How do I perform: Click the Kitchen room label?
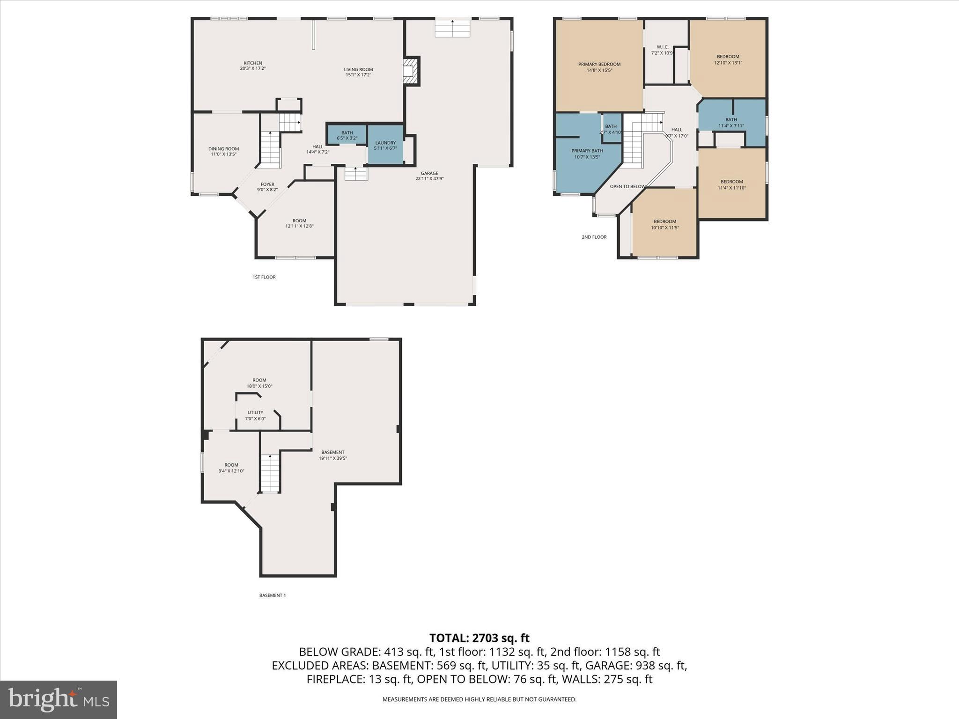coord(252,66)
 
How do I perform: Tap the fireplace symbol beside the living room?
coord(410,71)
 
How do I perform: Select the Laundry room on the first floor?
coord(385,145)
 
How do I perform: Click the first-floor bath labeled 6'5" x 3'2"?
coord(347,135)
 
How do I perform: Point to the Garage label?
coord(429,176)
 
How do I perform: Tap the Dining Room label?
coord(223,151)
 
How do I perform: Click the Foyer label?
coord(267,187)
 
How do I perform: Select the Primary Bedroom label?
coord(599,67)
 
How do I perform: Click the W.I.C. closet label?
coord(662,50)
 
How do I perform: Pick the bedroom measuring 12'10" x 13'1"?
coord(728,59)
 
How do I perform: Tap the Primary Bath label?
coord(587,154)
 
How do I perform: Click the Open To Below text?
coord(627,186)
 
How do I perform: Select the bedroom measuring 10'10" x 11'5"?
coord(664,224)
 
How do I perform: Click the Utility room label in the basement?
coord(255,415)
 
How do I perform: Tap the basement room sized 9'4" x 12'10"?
coord(231,468)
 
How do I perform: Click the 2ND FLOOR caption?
coord(594,237)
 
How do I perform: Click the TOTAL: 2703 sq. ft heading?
coord(479,638)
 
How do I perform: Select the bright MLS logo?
coord(59,699)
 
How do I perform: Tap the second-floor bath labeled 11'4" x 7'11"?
coord(731,122)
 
